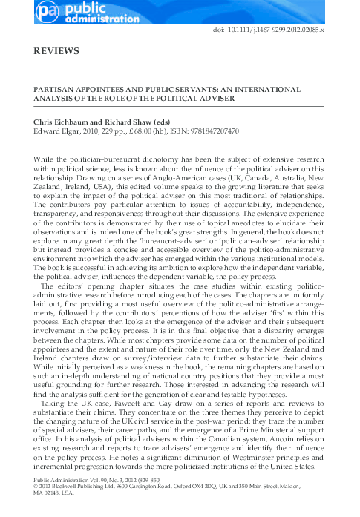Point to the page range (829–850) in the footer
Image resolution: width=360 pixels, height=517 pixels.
(166, 481)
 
